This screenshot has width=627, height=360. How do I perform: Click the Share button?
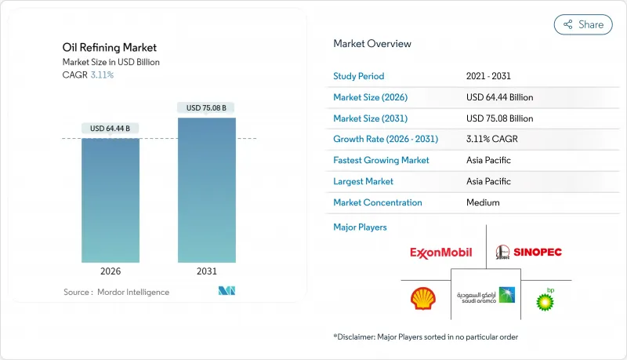pos(583,24)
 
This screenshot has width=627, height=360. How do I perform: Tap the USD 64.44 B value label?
pos(111,129)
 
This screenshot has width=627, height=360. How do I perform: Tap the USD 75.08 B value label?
pos(206,107)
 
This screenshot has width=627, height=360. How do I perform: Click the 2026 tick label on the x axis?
pos(111,271)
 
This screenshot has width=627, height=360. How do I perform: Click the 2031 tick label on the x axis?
pos(206,271)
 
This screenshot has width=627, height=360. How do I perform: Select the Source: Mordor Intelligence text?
pos(116,293)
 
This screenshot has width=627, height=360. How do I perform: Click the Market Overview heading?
pos(371,44)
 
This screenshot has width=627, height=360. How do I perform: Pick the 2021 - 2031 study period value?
pos(490,76)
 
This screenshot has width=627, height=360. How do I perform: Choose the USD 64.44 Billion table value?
pos(499,97)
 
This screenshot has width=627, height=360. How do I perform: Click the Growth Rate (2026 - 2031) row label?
pos(386,139)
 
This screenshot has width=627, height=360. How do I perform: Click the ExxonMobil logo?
pos(440,253)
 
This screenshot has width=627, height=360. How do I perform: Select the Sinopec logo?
pos(529,252)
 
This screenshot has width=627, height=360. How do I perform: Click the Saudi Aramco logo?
pos(486,296)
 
